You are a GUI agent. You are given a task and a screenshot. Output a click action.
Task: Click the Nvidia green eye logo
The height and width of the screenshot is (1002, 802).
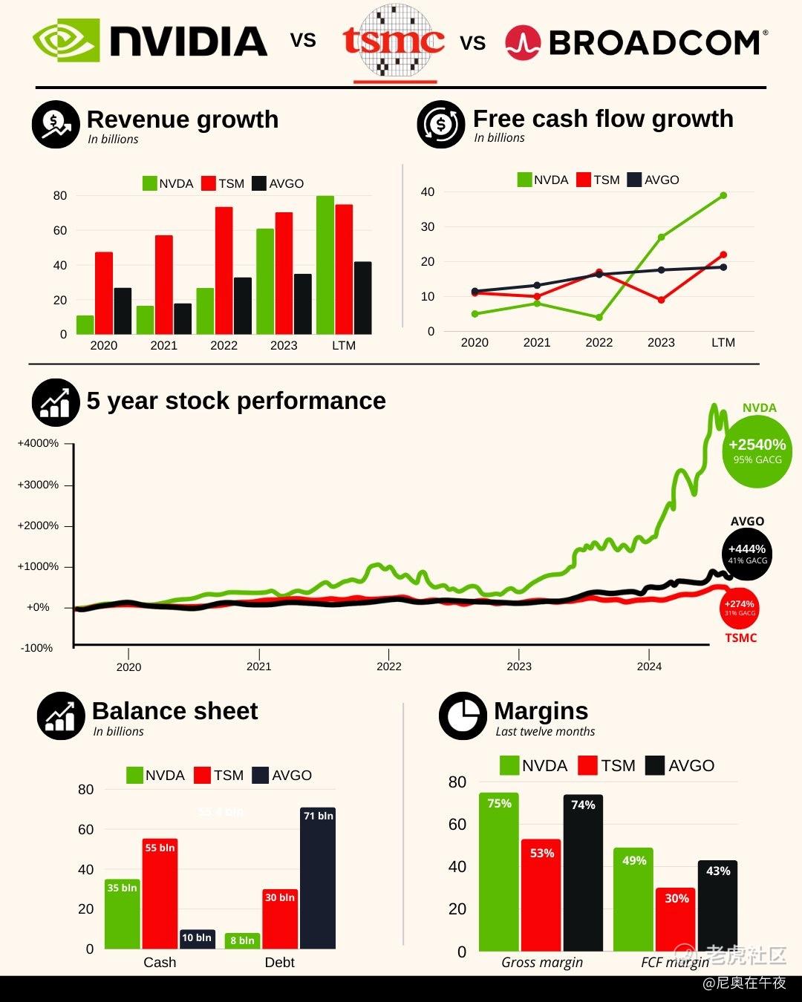[65, 40]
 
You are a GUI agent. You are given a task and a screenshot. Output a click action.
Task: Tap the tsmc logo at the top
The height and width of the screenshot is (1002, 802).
[394, 42]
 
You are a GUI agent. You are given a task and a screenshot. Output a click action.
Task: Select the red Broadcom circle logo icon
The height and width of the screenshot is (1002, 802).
[523, 43]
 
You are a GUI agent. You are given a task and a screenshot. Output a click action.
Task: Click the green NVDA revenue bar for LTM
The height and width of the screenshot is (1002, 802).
[325, 265]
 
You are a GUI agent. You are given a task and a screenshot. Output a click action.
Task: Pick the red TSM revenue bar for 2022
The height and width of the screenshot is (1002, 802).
[224, 270]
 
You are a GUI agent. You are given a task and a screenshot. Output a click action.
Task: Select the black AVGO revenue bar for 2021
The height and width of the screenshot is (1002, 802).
[183, 318]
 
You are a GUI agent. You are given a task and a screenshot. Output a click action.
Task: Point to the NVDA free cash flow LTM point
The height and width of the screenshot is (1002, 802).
[723, 195]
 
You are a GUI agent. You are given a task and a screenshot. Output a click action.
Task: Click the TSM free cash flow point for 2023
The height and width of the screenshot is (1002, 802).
[661, 300]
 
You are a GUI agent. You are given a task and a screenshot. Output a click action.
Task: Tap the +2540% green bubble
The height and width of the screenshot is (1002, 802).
[757, 451]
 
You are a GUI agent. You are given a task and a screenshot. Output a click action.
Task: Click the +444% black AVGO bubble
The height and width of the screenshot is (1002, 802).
[746, 553]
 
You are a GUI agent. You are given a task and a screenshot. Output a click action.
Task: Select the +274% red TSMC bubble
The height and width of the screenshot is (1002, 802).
[740, 608]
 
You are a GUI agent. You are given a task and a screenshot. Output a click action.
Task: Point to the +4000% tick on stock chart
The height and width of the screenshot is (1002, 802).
[38, 444]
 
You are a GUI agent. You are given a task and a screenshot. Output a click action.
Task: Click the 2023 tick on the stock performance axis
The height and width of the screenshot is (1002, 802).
[519, 666]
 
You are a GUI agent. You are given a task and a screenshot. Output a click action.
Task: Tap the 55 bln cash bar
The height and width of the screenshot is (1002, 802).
[160, 894]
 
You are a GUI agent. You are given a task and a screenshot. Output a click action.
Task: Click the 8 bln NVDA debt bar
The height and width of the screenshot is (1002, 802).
[242, 941]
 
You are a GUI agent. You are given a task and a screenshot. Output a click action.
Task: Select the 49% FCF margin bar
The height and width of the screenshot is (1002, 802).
[633, 900]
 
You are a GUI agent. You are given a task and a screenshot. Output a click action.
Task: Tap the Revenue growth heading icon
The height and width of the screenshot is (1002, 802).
[56, 124]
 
